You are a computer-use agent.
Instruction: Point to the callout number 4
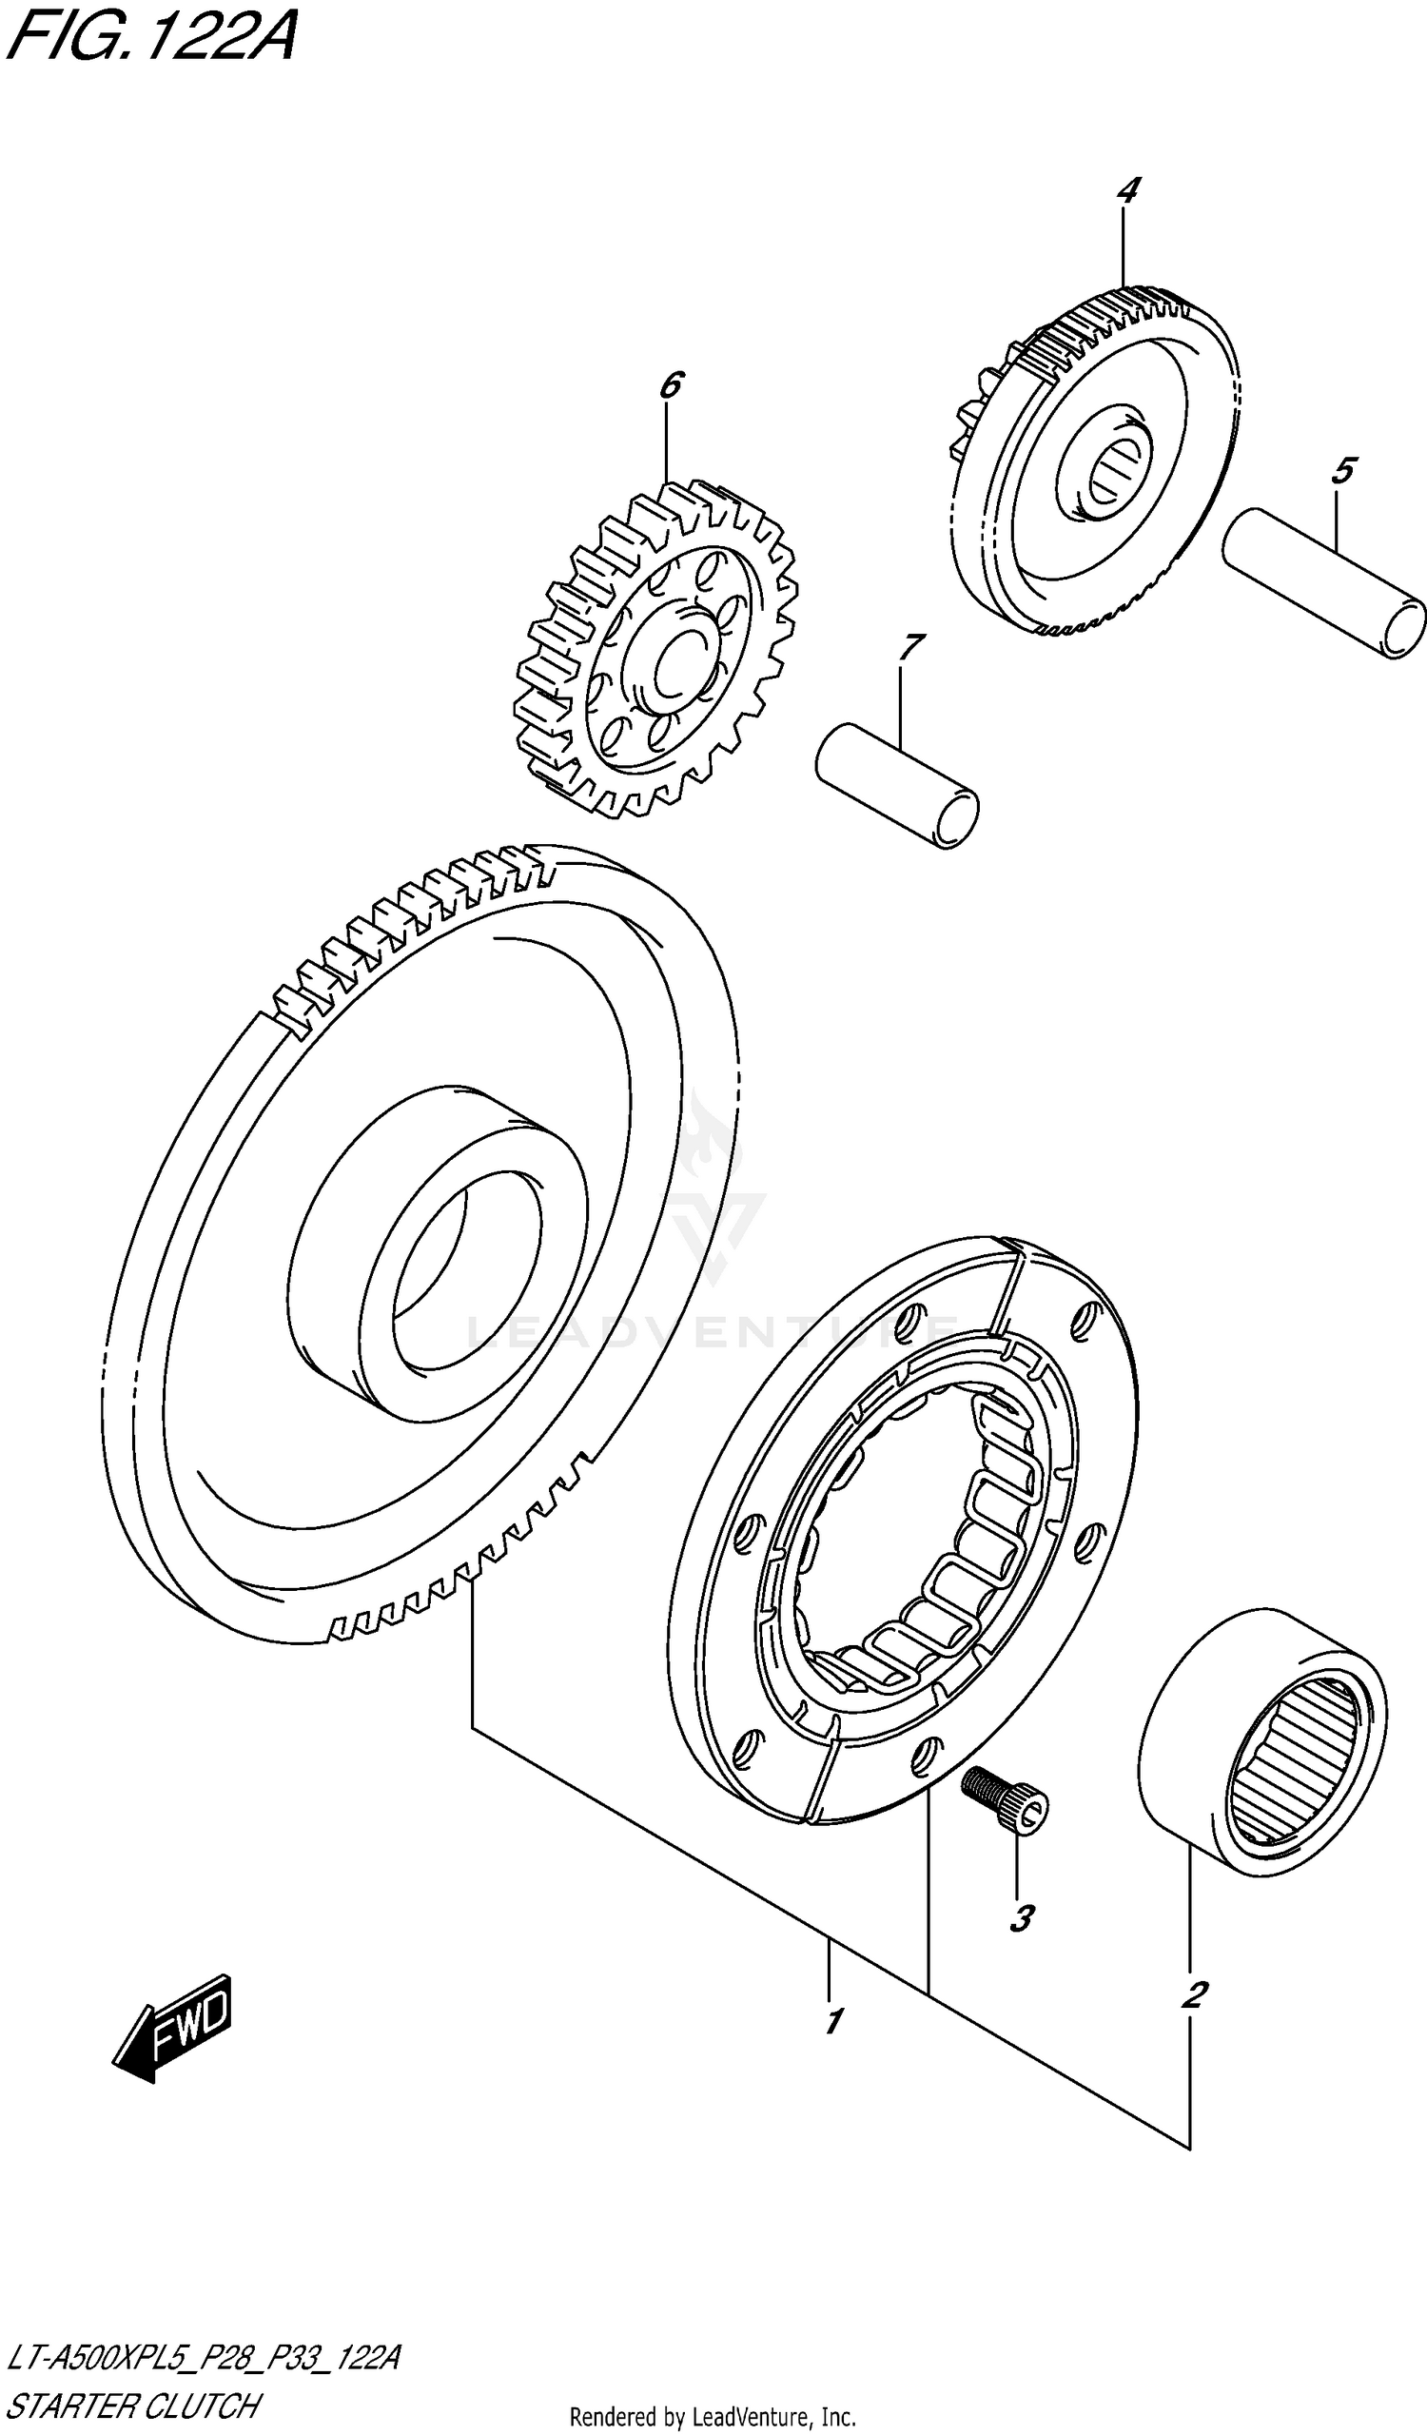(1127, 190)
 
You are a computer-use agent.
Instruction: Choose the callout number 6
(671, 384)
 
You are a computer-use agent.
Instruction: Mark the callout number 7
(911, 647)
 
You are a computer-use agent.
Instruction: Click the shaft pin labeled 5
(1323, 583)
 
